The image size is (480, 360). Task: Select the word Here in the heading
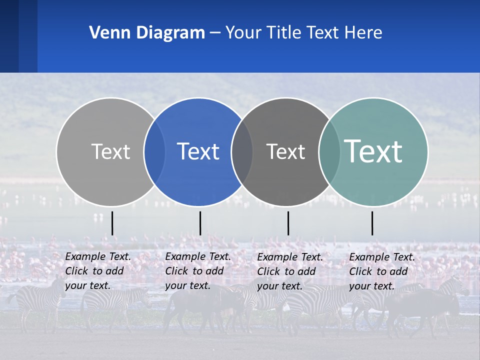point(363,33)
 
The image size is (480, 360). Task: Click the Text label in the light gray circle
point(110,152)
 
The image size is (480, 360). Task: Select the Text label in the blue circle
point(198,152)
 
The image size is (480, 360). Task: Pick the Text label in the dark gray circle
point(285,152)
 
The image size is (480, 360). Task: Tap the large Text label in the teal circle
point(373,151)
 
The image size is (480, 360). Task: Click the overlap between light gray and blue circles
point(155,152)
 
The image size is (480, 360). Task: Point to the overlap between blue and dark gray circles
point(242,152)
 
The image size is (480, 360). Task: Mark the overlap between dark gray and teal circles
point(329,152)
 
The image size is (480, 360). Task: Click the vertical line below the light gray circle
point(112,223)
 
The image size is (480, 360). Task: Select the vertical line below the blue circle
point(200,223)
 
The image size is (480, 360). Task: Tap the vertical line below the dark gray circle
point(288,223)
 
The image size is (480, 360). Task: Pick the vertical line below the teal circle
point(372,223)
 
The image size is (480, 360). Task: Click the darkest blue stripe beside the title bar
point(9,36)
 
